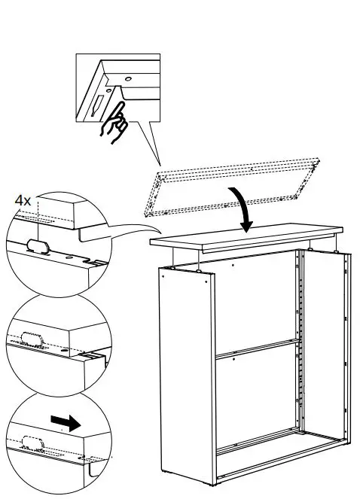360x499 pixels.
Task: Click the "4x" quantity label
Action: pyautogui.click(x=23, y=201)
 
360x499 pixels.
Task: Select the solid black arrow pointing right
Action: pyautogui.click(x=67, y=424)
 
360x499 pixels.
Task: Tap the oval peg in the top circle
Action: pyautogui.click(x=37, y=245)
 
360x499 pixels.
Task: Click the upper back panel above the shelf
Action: pyautogui.click(x=256, y=301)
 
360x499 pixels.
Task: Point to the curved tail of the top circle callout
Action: pyautogui.click(x=128, y=228)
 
